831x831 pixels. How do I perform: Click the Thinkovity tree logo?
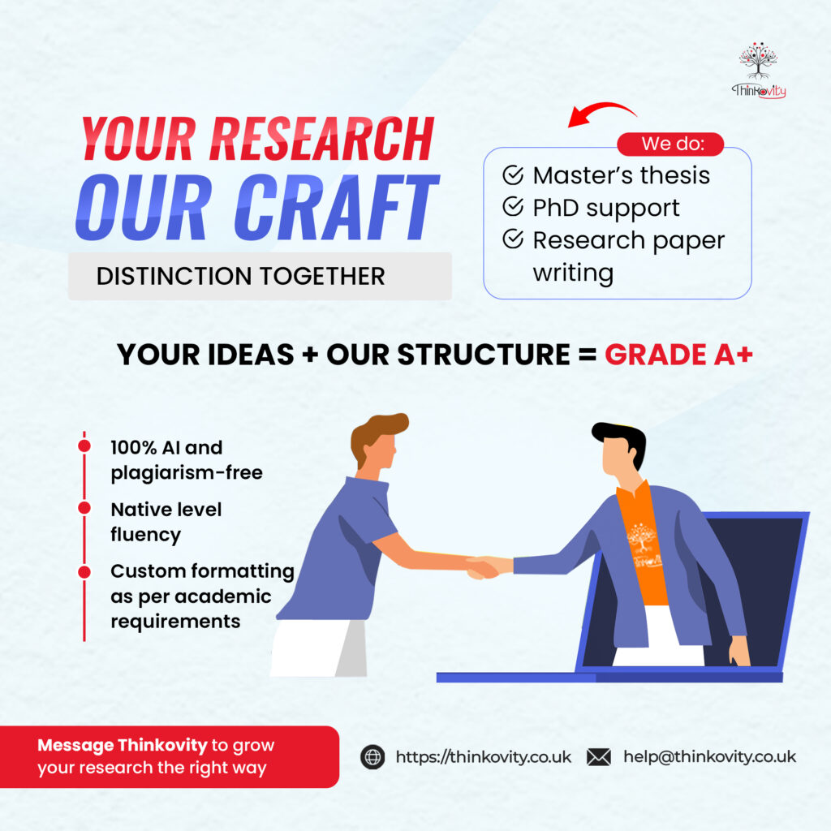pyautogui.click(x=759, y=70)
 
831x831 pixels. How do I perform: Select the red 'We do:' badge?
pyautogui.click(x=670, y=144)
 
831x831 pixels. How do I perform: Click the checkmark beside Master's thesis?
pyautogui.click(x=513, y=175)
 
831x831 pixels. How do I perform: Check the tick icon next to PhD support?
pyautogui.click(x=513, y=207)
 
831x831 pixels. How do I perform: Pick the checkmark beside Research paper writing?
pyautogui.click(x=513, y=239)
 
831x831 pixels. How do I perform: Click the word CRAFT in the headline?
pyautogui.click(x=337, y=207)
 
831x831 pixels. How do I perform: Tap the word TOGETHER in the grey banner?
pyautogui.click(x=321, y=276)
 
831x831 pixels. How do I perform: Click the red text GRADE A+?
pyautogui.click(x=679, y=354)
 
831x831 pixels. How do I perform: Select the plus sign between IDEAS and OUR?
pyautogui.click(x=310, y=355)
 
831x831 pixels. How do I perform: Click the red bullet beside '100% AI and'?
pyautogui.click(x=84, y=446)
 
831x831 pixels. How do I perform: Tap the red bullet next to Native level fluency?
pyautogui.click(x=84, y=508)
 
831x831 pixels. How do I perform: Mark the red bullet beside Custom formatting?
pyautogui.click(x=84, y=572)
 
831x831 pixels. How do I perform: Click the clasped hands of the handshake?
pyautogui.click(x=484, y=566)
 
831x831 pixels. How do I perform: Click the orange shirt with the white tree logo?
pyautogui.click(x=643, y=546)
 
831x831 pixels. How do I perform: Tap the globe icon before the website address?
pyautogui.click(x=372, y=757)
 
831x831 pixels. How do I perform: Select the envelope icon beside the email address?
pyautogui.click(x=599, y=757)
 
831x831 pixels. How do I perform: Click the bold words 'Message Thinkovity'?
pyautogui.click(x=122, y=745)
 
